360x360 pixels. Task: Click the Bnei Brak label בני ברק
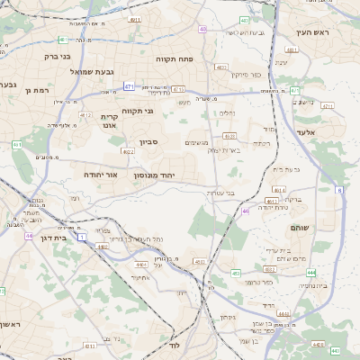coord(32,56)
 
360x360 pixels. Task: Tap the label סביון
coord(150,142)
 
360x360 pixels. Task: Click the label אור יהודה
coord(101,174)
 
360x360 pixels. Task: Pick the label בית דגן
coord(55,238)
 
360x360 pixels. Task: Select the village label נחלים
coord(227,113)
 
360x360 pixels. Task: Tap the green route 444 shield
coord(310,272)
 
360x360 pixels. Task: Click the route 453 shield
coord(235,273)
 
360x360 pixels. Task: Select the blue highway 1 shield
coord(82,238)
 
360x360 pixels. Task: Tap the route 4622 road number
coord(128,152)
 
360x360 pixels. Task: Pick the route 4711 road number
coord(327,106)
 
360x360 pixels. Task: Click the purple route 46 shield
coord(246,211)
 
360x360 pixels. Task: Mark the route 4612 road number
coord(86,115)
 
